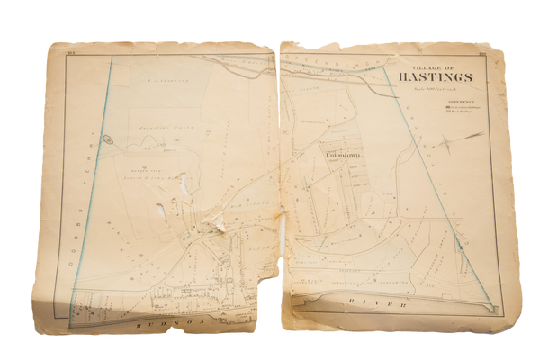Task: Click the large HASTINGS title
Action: pos(441,76)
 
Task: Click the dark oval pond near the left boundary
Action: pos(106,139)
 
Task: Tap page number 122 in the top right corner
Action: pos(482,54)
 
